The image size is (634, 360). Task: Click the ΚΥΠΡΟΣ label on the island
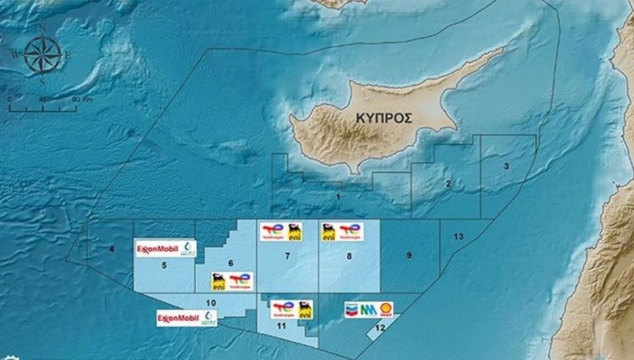click(x=385, y=118)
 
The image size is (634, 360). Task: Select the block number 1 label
click(x=338, y=196)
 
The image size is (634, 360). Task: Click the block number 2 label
click(x=448, y=184)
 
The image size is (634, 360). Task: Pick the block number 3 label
click(x=506, y=167)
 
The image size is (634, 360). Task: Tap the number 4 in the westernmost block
click(x=112, y=249)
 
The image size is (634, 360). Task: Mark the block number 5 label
click(x=165, y=265)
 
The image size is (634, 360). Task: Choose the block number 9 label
click(x=409, y=255)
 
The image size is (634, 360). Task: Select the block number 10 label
click(x=210, y=303)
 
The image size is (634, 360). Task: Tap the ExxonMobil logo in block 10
click(x=178, y=318)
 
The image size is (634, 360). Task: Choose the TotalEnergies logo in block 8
click(x=350, y=231)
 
